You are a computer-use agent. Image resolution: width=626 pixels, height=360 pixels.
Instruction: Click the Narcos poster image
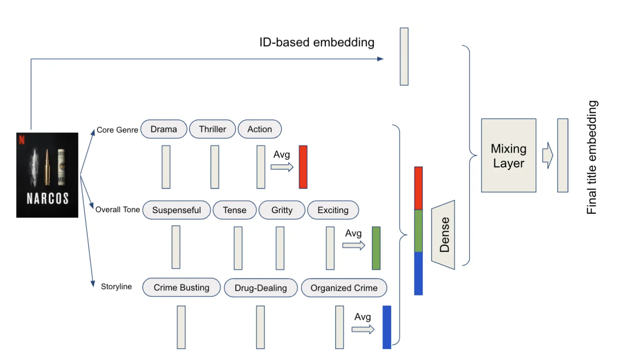47,175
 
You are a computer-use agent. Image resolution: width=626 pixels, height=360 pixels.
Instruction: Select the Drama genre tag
164,129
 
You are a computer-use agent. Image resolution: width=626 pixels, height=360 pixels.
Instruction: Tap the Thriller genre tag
213,129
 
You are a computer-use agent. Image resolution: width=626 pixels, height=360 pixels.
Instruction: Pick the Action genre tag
259,129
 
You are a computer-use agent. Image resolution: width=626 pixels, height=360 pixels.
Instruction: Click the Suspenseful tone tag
177,210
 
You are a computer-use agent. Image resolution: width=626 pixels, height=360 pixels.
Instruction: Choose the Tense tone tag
235,210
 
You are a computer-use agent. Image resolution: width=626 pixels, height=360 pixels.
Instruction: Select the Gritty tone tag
282,210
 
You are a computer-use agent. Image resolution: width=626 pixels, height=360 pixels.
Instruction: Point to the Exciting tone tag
333,210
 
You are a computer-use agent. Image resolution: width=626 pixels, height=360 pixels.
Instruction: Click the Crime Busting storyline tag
181,288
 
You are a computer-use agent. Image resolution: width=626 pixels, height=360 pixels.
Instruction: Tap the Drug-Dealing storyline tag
261,288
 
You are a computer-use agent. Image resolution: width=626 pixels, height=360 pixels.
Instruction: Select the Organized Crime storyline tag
344,288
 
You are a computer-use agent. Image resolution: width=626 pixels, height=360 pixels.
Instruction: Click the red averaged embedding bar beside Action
303,167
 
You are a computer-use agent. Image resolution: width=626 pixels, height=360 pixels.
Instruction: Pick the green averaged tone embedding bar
376,248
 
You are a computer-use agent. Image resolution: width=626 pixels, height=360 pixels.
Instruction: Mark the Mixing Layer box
508,155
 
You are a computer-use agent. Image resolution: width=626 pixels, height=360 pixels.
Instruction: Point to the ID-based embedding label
317,42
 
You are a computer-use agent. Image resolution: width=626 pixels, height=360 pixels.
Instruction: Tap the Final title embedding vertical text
592,157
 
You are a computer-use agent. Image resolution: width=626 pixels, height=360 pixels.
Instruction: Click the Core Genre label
117,130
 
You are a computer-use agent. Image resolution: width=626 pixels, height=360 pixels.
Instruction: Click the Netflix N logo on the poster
22,140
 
